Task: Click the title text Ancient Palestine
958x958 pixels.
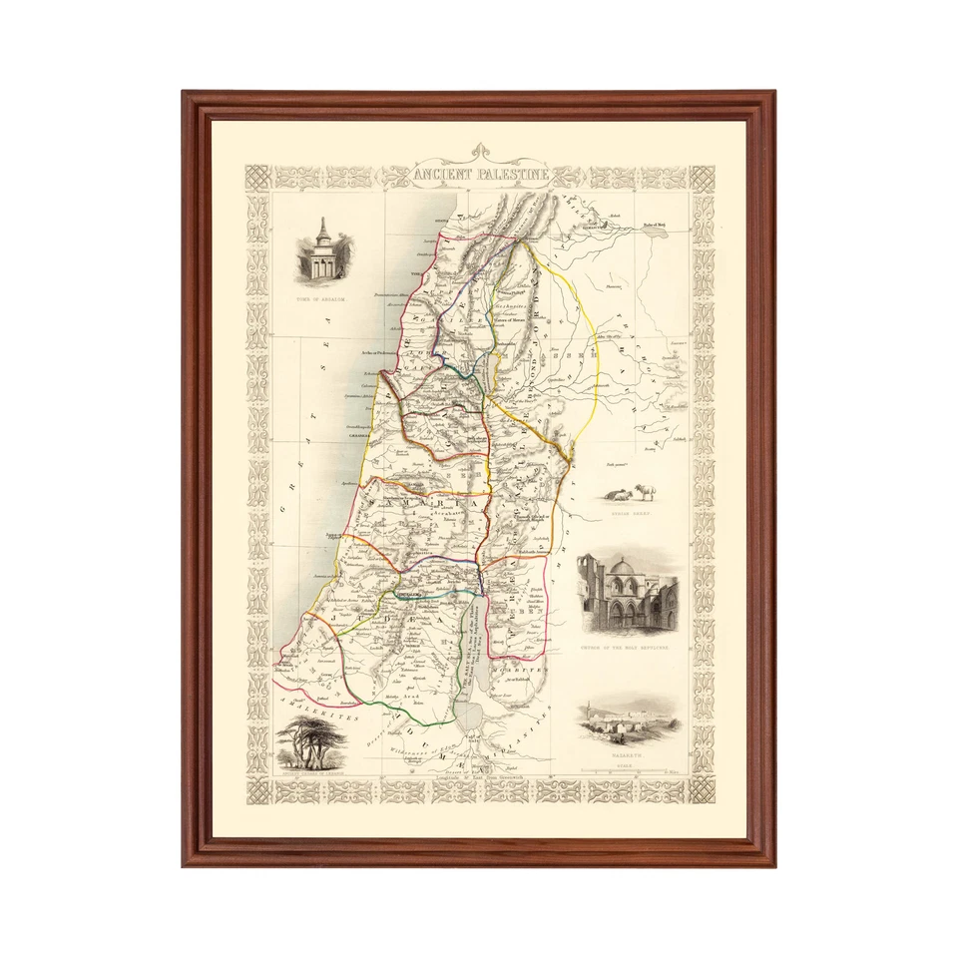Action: click(x=481, y=177)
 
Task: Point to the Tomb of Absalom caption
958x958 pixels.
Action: click(x=324, y=298)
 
